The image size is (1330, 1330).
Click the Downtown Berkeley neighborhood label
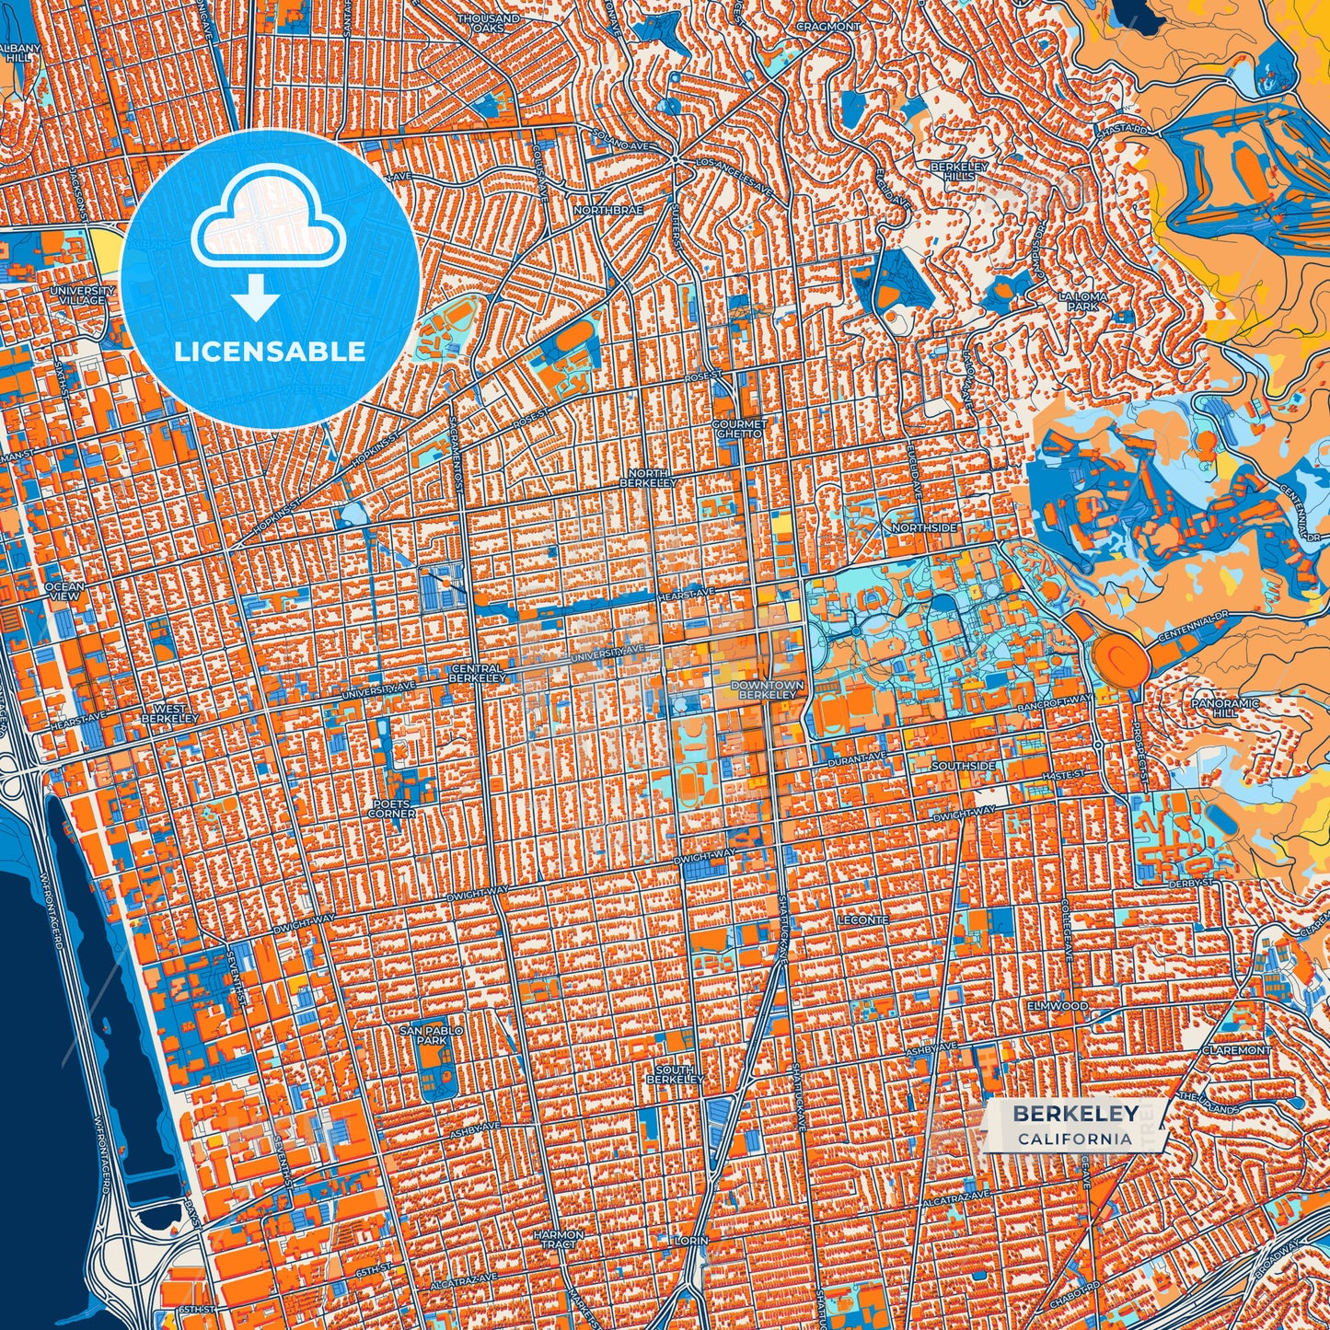pyautogui.click(x=767, y=689)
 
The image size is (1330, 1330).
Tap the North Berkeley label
pyautogui.click(x=648, y=477)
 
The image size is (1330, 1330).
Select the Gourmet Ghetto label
pyautogui.click(x=738, y=428)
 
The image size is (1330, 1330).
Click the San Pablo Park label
pyautogui.click(x=431, y=1035)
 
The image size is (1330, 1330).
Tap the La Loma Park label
pyautogui.click(x=1082, y=301)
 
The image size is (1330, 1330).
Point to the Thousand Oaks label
pyautogui.click(x=488, y=23)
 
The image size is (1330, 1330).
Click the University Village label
pyautogui.click(x=83, y=295)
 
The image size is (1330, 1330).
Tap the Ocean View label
pyautogui.click(x=64, y=591)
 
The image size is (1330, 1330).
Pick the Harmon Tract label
pyautogui.click(x=558, y=1239)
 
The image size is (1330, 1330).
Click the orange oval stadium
pyautogui.click(x=1121, y=656)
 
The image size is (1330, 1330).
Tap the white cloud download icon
pyautogui.click(x=267, y=221)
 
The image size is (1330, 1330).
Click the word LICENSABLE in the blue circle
pyautogui.click(x=270, y=351)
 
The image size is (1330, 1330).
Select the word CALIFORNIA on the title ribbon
pyautogui.click(x=1074, y=1139)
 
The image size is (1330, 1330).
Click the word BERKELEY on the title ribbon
pyautogui.click(x=1075, y=1114)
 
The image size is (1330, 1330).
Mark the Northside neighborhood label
pyautogui.click(x=924, y=528)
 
